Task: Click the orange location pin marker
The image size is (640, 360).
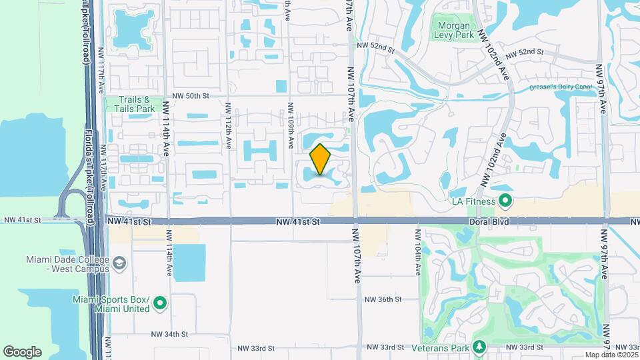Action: [321, 160]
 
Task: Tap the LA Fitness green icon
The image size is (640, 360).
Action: [505, 201]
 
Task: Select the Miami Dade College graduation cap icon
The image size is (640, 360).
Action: [119, 264]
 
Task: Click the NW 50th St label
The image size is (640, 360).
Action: [189, 96]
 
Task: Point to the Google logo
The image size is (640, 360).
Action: [22, 352]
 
